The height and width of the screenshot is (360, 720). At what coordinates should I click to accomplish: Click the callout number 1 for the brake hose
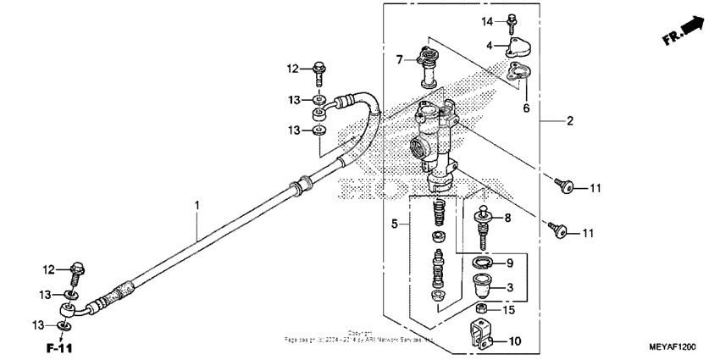pos(197,206)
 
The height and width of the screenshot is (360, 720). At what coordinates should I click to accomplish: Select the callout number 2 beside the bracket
pos(570,121)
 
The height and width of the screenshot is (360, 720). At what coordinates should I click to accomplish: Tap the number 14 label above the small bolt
pos(487,19)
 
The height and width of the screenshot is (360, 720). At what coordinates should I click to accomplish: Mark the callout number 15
pos(508,310)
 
